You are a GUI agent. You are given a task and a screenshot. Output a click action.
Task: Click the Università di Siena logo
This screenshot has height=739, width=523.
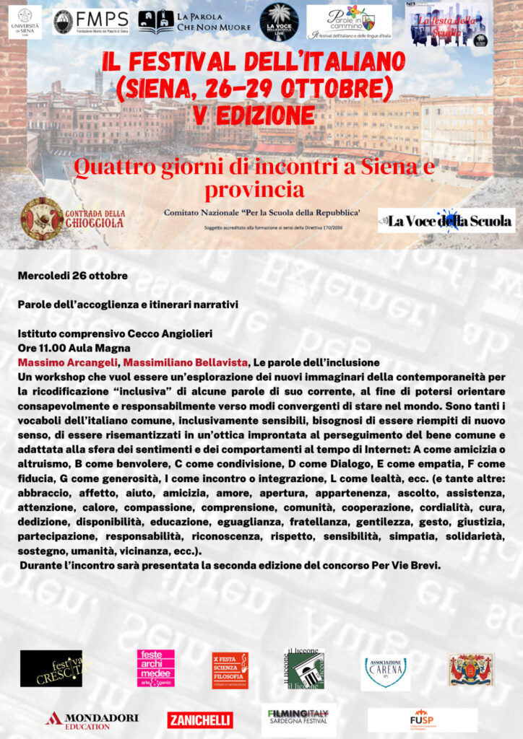click(25, 22)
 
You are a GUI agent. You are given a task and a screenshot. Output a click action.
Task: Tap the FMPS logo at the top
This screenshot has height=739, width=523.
click(90, 22)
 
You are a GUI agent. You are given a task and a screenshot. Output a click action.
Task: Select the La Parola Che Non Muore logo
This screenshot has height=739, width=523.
click(194, 22)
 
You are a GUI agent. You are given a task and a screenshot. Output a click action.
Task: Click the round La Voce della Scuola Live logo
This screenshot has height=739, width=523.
click(279, 22)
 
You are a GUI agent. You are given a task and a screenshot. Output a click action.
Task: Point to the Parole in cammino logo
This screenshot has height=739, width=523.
click(349, 22)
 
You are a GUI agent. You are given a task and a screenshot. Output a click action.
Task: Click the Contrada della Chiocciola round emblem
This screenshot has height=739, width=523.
click(41, 219)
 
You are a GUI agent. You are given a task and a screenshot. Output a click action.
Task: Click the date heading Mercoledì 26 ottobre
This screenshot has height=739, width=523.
click(73, 276)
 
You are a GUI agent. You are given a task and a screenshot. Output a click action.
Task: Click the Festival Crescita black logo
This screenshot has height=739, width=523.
click(51, 668)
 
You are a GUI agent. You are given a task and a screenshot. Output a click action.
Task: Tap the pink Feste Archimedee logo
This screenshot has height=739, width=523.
click(156, 668)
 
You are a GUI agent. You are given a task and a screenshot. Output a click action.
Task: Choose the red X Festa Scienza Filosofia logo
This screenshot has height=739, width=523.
click(230, 670)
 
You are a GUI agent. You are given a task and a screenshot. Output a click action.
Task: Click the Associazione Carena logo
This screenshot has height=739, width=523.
click(385, 671)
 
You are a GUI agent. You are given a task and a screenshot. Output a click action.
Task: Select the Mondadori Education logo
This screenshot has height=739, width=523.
click(92, 720)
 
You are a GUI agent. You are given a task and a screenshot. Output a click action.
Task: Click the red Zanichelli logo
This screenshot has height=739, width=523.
click(200, 720)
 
